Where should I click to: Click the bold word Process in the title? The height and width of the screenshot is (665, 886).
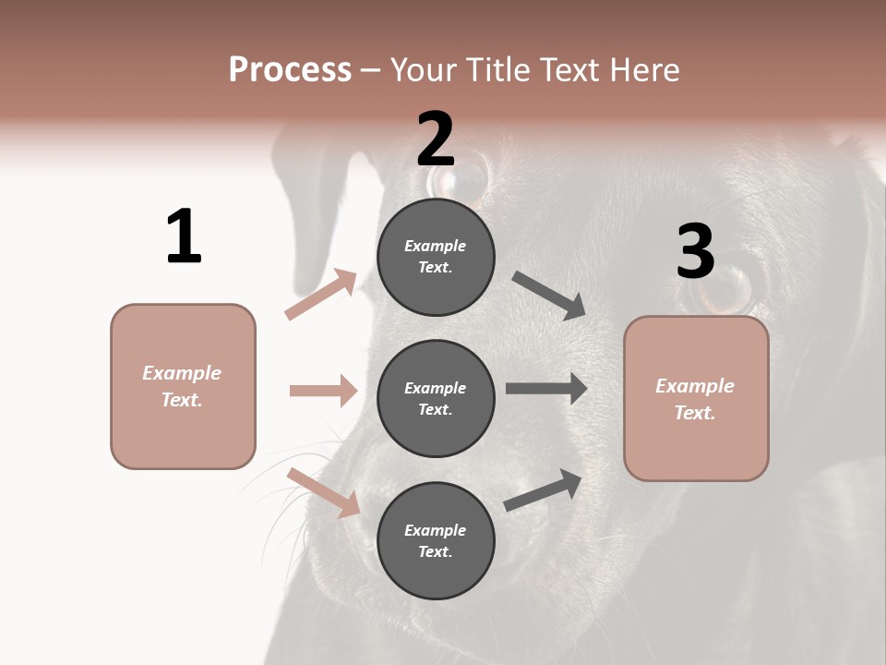click(x=290, y=69)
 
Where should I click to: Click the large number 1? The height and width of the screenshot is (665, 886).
click(x=184, y=236)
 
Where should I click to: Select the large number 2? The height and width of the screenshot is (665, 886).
click(x=436, y=139)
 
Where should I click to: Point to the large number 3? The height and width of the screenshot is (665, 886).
click(x=695, y=252)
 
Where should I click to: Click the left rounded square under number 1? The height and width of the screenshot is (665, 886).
click(x=183, y=386)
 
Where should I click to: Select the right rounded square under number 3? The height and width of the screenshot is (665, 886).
click(x=696, y=399)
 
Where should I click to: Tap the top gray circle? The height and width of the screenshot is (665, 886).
click(x=436, y=256)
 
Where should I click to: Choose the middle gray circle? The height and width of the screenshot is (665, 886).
click(x=436, y=398)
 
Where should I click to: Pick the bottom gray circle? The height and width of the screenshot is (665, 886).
click(x=436, y=540)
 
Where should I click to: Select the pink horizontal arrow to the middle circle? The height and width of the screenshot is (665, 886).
click(x=323, y=391)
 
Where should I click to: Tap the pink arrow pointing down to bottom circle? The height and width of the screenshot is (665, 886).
click(x=324, y=492)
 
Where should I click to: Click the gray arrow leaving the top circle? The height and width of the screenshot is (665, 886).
click(x=549, y=296)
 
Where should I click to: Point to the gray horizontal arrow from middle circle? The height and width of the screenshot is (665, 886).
click(x=546, y=389)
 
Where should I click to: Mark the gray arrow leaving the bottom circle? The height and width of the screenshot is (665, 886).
click(x=544, y=490)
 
